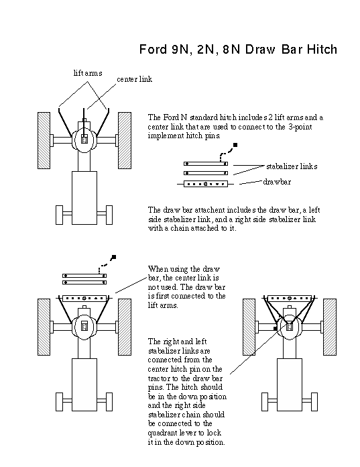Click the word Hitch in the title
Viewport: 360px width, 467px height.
point(322,49)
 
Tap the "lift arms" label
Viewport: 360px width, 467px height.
point(88,73)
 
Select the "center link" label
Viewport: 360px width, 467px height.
point(135,79)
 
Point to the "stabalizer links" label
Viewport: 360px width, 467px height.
point(292,166)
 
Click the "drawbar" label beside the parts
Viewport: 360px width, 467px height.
point(277,182)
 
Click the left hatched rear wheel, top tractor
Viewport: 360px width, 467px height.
point(44,140)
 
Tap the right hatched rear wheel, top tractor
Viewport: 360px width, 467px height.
point(125,140)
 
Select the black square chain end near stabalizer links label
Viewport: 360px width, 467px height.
point(235,145)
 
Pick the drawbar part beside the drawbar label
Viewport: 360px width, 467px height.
point(206,184)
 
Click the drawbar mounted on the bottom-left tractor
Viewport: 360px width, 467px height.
point(84,298)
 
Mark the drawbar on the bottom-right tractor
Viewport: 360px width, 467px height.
point(289,298)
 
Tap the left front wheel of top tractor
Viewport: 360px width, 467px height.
point(60,215)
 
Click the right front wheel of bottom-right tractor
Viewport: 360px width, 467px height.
point(314,402)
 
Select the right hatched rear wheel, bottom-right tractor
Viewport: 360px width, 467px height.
point(330,327)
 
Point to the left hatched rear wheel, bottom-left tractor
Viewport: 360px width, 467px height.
point(44,327)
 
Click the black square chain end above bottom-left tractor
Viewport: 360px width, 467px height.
point(113,257)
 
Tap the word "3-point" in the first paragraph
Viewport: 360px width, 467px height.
point(300,127)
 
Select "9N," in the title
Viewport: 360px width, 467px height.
point(180,49)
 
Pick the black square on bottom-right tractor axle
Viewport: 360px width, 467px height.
point(276,329)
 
